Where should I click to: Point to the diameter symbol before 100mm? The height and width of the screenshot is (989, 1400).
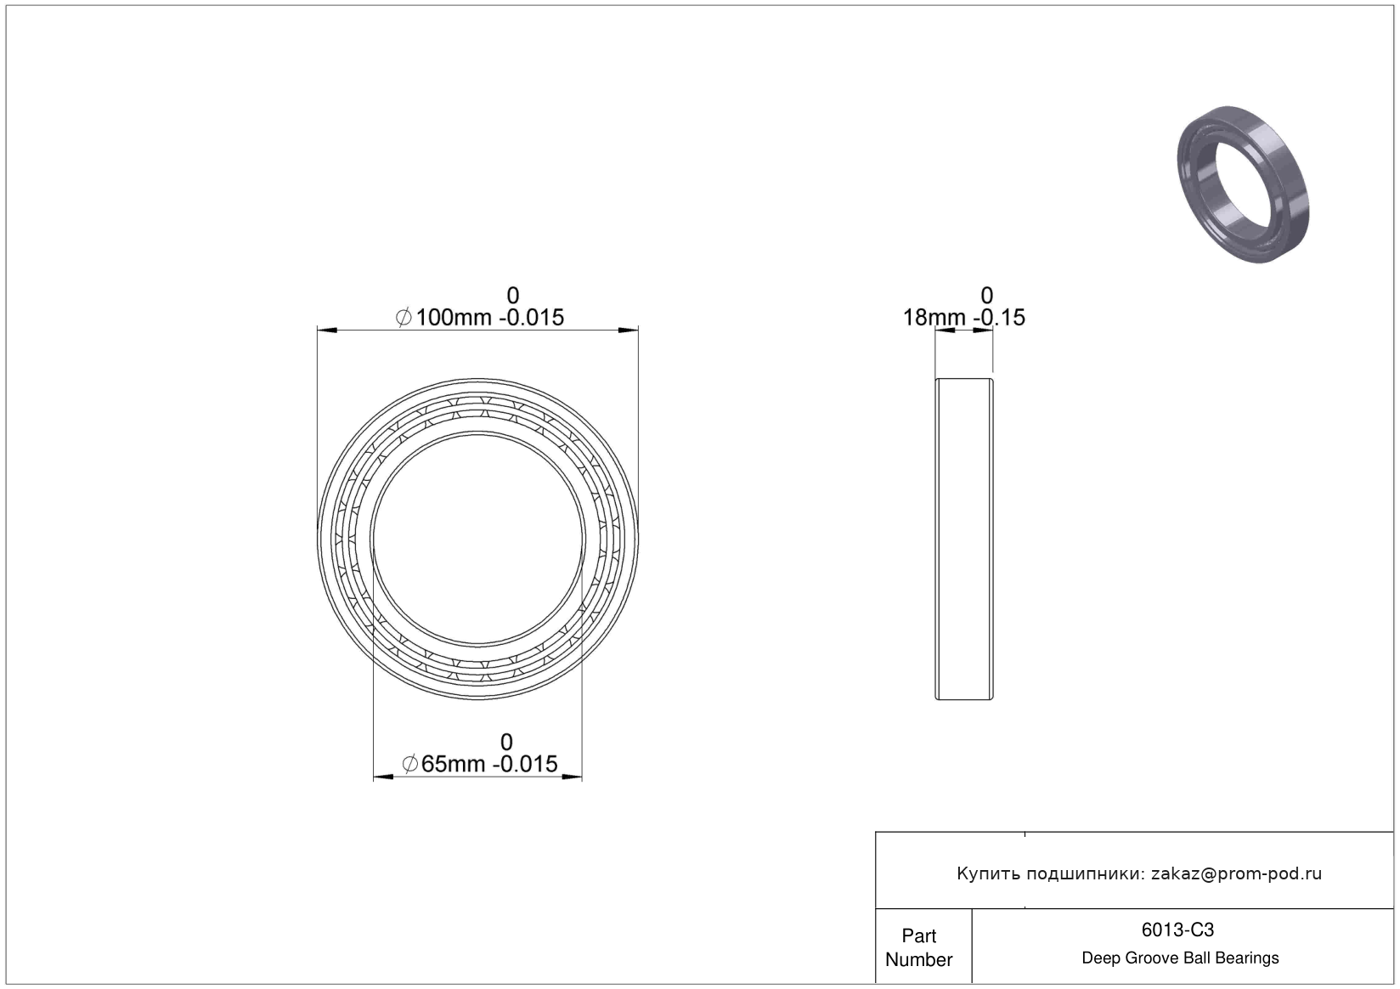[404, 318]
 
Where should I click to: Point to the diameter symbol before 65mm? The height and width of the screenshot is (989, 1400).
[410, 764]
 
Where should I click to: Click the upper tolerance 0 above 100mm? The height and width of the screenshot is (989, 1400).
[512, 295]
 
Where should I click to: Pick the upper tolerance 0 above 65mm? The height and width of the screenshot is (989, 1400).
[506, 742]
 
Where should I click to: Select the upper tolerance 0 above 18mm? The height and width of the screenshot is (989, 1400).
[986, 295]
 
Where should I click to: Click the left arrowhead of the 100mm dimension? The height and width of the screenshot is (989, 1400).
[327, 330]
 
